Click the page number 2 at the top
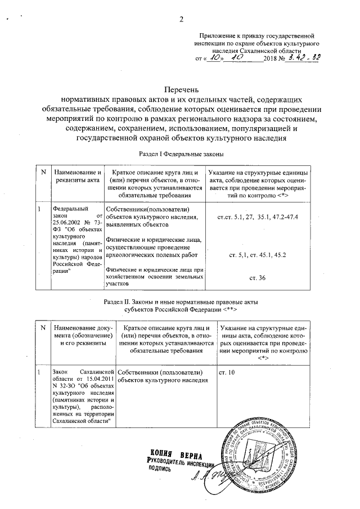tap(182, 21)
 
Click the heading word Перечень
tap(182, 89)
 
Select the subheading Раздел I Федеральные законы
tap(181, 154)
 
